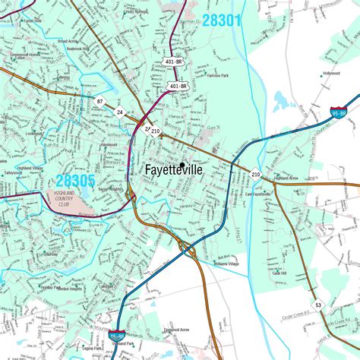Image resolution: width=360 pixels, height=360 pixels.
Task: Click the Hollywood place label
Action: pos(331,74)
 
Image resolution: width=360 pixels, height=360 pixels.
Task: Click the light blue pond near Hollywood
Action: pos(283,99)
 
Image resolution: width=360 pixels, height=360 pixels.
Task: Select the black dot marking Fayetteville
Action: pos(182,163)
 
